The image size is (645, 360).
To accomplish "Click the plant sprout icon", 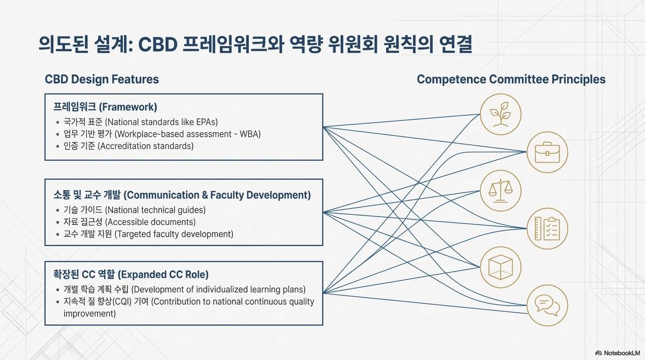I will pyautogui.click(x=501, y=114).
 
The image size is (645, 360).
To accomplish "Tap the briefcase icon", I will pyautogui.click(x=547, y=152).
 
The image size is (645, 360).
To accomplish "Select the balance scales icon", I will pyautogui.click(x=501, y=190).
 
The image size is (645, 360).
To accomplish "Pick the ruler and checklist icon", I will pyautogui.click(x=547, y=229).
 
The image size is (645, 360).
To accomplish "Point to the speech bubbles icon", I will pyautogui.click(x=547, y=305).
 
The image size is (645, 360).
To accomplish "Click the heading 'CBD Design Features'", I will pyautogui.click(x=102, y=79).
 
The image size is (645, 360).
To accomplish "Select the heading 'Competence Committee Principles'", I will pyautogui.click(x=511, y=79).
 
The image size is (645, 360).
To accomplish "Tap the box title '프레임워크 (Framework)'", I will pyautogui.click(x=105, y=107).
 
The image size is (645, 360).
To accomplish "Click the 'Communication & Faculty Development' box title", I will pyautogui.click(x=182, y=195).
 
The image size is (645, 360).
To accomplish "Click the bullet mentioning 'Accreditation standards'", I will pyautogui.click(x=128, y=146).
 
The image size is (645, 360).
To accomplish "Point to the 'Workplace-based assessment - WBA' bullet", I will pyautogui.click(x=162, y=134).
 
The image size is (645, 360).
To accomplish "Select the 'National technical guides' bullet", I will pyautogui.click(x=134, y=210).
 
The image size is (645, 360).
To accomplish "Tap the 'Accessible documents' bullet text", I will pyautogui.click(x=129, y=222).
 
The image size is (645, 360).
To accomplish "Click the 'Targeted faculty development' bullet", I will pyautogui.click(x=148, y=234).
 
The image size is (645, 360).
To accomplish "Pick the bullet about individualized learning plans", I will pyautogui.click(x=184, y=289).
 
